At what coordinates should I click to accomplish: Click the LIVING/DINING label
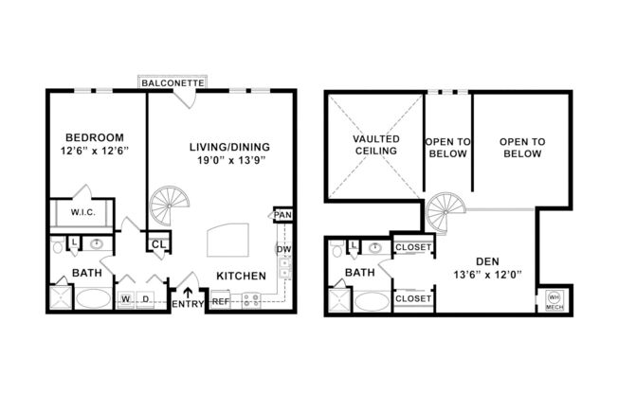[229, 146]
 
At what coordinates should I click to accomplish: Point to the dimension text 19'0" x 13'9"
[229, 162]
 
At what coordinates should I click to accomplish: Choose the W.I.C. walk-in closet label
[82, 213]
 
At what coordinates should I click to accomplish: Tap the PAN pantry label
[282, 215]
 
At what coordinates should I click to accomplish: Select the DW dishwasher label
[282, 249]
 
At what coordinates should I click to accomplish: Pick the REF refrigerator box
[220, 301]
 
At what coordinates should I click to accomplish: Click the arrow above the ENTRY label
[188, 291]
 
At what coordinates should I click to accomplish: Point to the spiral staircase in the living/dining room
[171, 205]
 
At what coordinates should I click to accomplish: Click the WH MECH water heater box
[554, 299]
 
